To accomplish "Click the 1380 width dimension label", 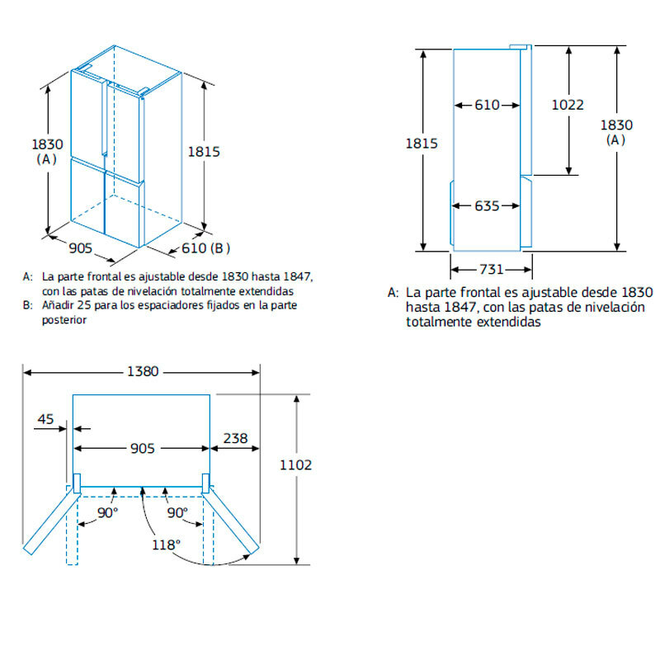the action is click(143, 372).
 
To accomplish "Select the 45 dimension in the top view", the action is click(45, 419).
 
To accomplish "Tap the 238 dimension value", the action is click(235, 438).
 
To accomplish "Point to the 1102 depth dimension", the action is click(295, 465).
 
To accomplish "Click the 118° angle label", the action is click(166, 544).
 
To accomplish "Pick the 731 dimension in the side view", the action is click(491, 270).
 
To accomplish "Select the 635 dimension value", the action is click(487, 205).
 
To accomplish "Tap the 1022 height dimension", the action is click(568, 105).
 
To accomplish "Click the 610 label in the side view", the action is click(487, 105).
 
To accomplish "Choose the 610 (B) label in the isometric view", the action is click(205, 248).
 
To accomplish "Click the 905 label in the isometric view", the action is click(80, 248).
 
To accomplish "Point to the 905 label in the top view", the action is click(142, 448).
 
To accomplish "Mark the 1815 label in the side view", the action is click(422, 144).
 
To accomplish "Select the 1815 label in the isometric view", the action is click(204, 152).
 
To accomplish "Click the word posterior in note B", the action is click(64, 320).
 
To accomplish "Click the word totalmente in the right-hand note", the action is click(439, 322).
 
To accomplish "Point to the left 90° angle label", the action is click(107, 512).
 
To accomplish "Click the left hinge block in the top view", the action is click(77, 483).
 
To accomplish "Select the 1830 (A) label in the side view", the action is click(616, 132).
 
